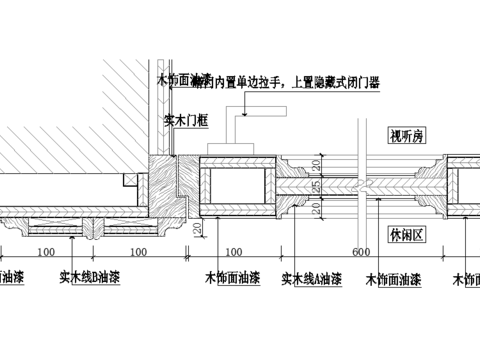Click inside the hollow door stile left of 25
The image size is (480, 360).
[237, 187]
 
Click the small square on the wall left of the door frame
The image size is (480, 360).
[128, 179]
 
